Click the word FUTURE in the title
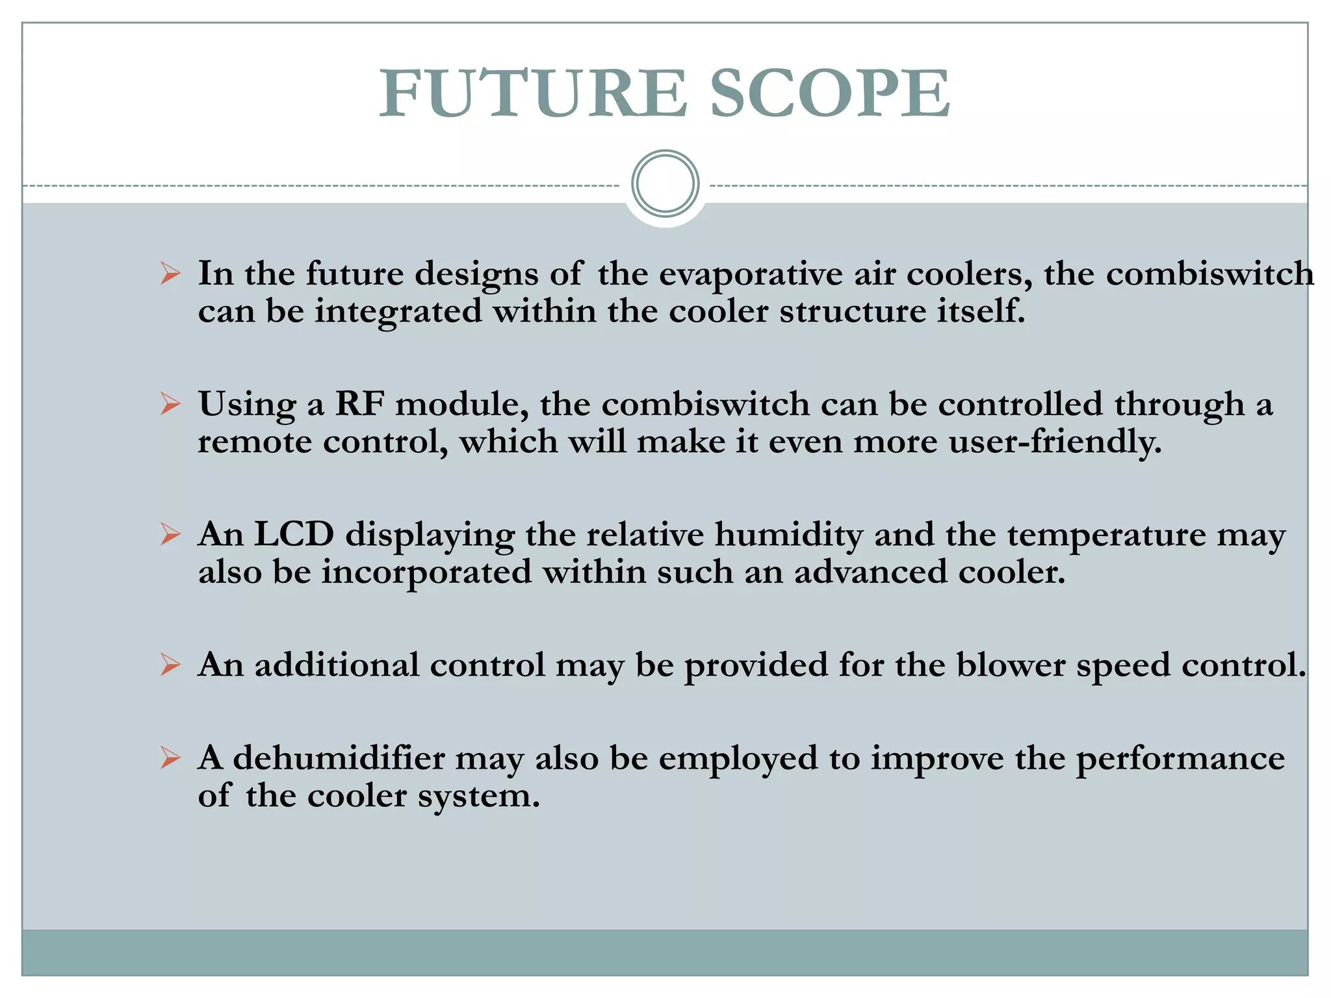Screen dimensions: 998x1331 point(533,94)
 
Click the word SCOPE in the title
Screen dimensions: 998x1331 point(830,94)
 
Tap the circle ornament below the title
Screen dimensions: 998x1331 point(665,184)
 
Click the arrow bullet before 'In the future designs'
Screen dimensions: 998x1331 point(170,274)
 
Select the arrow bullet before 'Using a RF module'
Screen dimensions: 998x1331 point(170,404)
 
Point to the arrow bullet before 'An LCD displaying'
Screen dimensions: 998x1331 point(170,535)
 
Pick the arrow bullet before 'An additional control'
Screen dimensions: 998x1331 point(170,665)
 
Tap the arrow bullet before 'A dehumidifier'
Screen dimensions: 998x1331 point(170,758)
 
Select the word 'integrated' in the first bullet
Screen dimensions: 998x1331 point(398,311)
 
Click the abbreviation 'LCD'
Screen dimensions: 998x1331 point(294,535)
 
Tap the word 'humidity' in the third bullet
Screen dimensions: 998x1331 point(789,536)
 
